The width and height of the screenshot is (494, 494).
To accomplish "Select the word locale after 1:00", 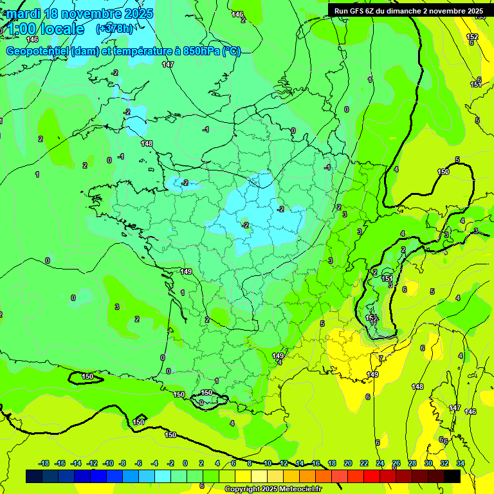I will click(x=62, y=29).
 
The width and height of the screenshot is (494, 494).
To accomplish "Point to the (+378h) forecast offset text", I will click(x=114, y=29).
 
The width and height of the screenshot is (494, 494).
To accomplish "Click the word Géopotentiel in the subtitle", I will click(x=38, y=51).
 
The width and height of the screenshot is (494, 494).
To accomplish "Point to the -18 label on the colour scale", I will click(x=44, y=463).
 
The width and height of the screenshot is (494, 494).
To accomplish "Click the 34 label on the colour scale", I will click(x=460, y=463).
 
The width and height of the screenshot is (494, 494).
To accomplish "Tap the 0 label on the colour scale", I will click(x=185, y=463).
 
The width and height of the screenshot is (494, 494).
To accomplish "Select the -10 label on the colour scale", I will click(x=108, y=463).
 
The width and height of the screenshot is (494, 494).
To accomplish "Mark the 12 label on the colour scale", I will click(x=284, y=463).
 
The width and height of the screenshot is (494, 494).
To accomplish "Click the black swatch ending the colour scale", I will click(x=452, y=476).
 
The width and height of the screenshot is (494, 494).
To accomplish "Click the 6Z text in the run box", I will click(x=374, y=11).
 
